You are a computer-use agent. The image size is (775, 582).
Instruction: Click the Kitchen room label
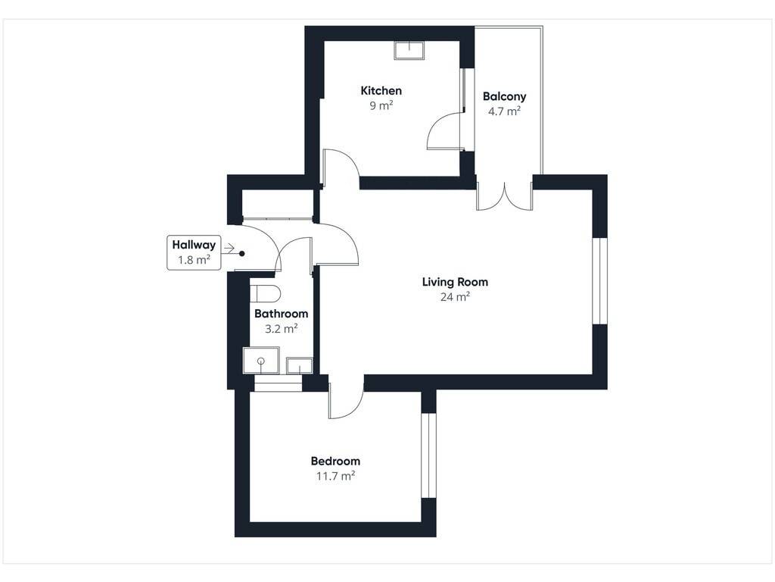(x=381, y=91)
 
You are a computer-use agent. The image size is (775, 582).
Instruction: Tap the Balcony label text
(x=504, y=96)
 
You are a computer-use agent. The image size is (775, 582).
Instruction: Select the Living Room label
(x=455, y=282)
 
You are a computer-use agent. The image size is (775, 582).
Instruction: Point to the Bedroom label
(x=335, y=462)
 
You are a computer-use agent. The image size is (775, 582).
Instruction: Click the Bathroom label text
(x=281, y=314)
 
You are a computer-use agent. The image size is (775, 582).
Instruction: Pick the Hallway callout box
(x=194, y=252)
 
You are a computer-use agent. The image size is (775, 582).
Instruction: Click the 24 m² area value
(x=455, y=297)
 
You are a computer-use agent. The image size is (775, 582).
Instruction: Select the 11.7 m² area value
(x=335, y=476)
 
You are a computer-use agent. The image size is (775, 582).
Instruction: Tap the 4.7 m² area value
(x=504, y=111)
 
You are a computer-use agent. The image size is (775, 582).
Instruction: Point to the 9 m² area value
(x=381, y=105)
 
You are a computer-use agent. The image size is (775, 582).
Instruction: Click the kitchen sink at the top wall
(x=409, y=51)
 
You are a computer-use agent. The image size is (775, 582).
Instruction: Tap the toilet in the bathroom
(x=265, y=293)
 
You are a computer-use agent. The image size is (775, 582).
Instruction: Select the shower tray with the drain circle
(x=261, y=360)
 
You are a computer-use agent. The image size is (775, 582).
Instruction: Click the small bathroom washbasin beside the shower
(x=300, y=366)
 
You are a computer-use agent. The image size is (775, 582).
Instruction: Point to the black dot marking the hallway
(x=242, y=254)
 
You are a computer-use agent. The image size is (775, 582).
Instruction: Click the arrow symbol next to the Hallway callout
(x=229, y=248)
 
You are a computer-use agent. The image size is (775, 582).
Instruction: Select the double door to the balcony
(x=505, y=196)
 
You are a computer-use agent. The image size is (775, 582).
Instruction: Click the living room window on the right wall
(x=599, y=281)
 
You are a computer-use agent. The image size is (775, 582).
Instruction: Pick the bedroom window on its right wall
(x=428, y=455)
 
